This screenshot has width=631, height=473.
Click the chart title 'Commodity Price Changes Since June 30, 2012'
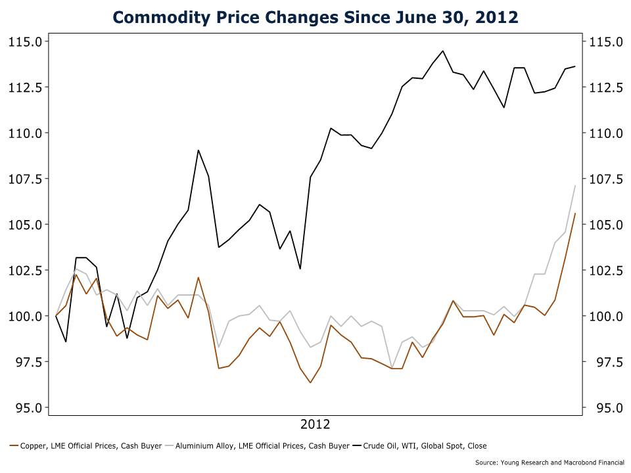pos(315,16)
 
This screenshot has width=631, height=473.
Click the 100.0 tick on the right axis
pos(605,317)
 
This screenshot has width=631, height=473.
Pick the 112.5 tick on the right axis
pos(605,87)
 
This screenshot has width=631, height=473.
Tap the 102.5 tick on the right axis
pos(605,271)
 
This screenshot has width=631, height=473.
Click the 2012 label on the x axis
pos(315,424)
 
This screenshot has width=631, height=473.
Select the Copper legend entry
pos(86,446)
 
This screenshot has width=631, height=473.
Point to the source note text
pos(549,462)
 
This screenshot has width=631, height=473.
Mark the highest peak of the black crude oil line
pos(442,51)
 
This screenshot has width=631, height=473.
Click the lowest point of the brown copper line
pos(310,382)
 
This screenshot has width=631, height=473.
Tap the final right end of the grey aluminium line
pos(575,185)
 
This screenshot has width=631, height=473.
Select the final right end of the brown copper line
pos(575,213)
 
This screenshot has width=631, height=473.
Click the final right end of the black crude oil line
pos(575,66)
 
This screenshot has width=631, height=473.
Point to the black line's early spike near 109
pos(199,150)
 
